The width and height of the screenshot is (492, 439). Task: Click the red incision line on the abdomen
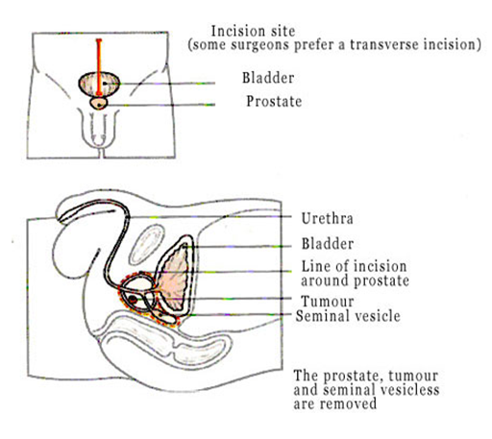99,67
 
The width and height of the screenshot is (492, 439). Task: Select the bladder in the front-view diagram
100,84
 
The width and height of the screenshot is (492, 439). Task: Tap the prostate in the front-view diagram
99,103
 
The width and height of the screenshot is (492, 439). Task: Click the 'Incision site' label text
253,32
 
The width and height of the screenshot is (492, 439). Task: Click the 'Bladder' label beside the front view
268,78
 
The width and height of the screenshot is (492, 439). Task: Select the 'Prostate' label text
274,102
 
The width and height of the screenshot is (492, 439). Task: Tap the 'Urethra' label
328,219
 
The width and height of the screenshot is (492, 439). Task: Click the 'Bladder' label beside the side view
328,244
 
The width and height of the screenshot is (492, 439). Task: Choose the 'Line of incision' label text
354,266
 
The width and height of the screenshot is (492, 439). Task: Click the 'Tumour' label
328,302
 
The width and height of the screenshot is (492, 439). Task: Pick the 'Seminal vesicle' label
348,316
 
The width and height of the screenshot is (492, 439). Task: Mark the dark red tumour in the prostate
133,300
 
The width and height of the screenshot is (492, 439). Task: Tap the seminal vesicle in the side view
164,317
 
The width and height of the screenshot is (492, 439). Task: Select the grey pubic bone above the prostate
147,244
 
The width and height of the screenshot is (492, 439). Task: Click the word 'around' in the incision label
325,280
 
